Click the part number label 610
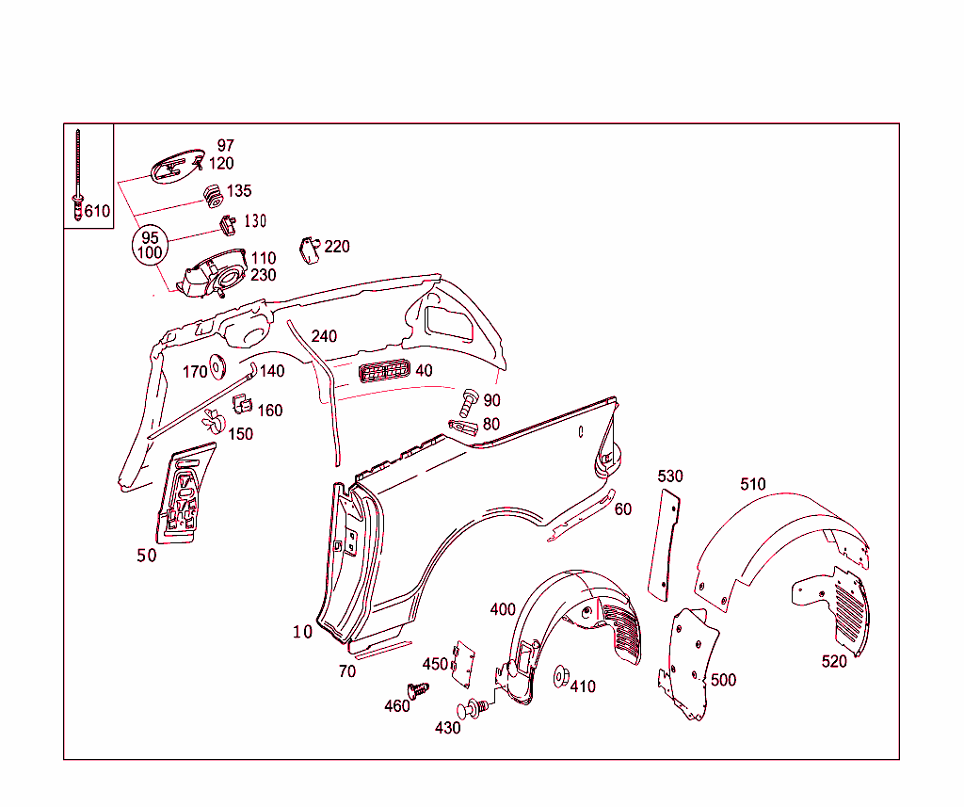pos(97,211)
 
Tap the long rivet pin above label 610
pos(77,169)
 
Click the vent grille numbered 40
pos(383,371)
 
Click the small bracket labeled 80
pos(463,427)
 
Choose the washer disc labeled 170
pos(218,366)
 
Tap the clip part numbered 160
pos(242,405)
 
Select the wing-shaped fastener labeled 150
pos(215,421)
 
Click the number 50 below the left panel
pos(146,556)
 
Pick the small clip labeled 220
pos(310,249)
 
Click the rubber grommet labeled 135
pos(213,195)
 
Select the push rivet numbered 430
pos(474,708)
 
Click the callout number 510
pos(753,484)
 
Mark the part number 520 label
pos(834,661)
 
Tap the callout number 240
pos(324,336)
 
